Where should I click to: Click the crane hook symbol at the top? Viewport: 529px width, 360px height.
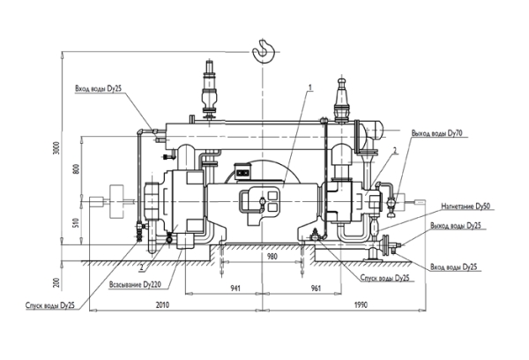(x=263, y=51)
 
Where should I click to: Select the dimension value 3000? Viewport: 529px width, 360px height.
(x=56, y=148)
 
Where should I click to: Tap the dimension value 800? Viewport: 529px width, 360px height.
(x=76, y=169)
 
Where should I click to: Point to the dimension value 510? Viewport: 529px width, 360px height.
(x=76, y=223)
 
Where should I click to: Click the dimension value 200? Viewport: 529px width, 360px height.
(x=56, y=282)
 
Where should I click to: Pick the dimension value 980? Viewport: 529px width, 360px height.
(x=272, y=257)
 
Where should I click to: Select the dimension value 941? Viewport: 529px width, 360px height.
(x=235, y=288)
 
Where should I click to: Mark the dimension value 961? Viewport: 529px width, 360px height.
(x=316, y=288)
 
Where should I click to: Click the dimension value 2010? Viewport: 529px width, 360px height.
(x=162, y=305)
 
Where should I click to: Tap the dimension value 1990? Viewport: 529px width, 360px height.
(x=361, y=305)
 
